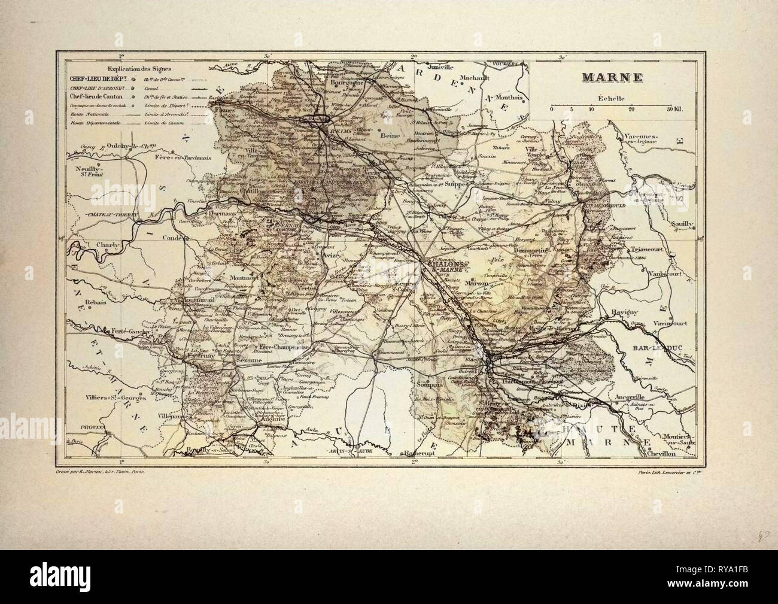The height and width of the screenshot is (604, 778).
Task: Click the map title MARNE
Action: (x=603, y=78)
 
